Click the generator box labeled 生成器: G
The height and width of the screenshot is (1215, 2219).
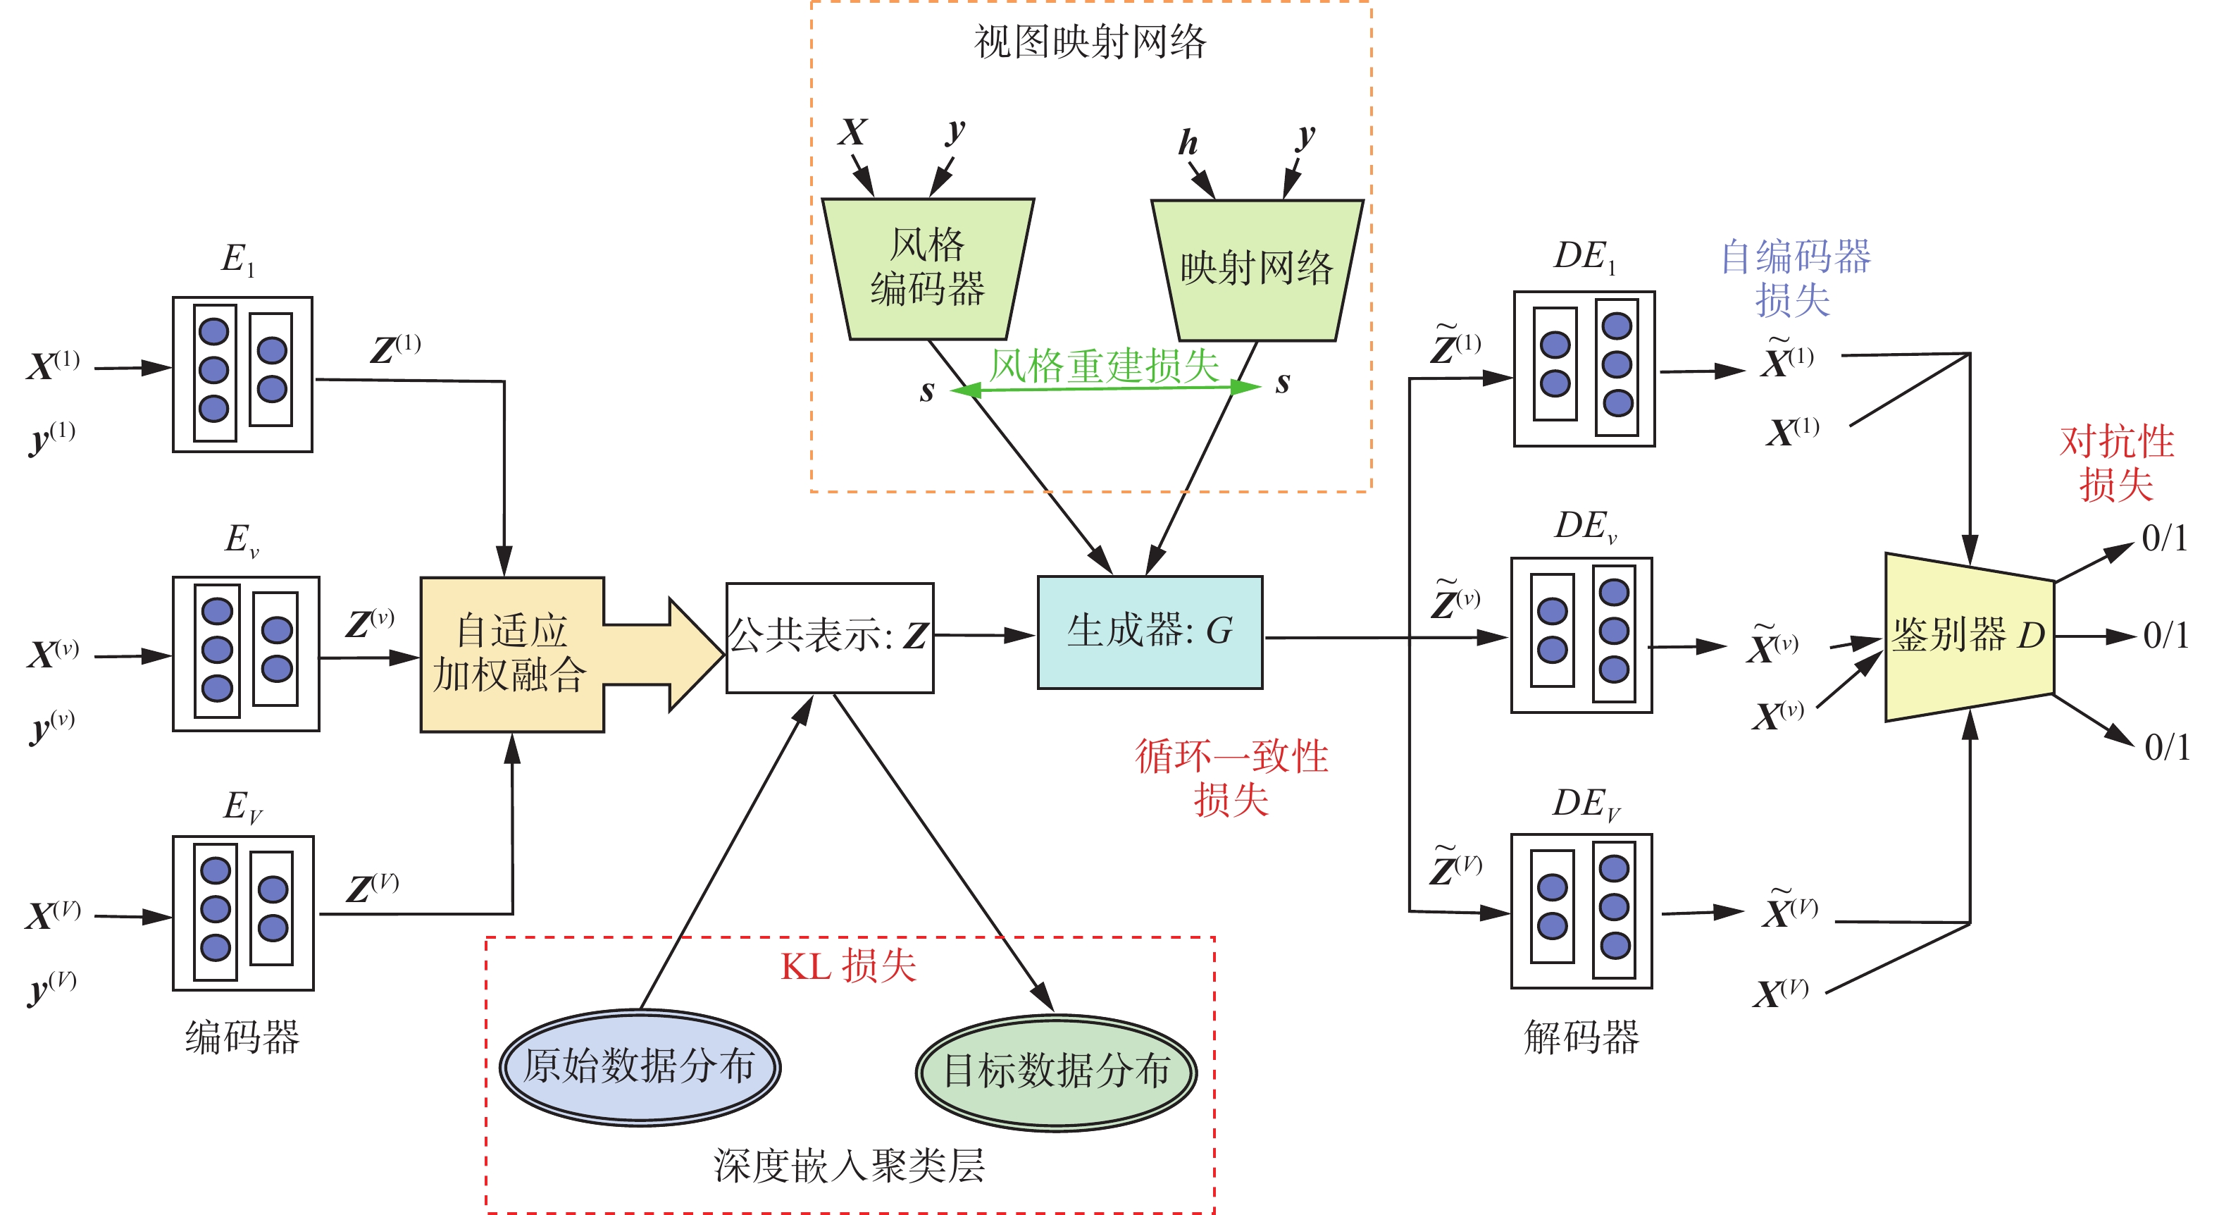point(1149,631)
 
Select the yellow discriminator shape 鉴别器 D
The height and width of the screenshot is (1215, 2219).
point(1968,636)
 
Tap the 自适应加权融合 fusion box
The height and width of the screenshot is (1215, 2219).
point(511,654)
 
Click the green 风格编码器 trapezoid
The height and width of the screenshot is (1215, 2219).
point(928,268)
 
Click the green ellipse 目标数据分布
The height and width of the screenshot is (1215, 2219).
point(1056,1071)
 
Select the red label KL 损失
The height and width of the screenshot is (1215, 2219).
point(847,966)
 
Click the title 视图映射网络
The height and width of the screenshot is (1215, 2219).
point(1090,42)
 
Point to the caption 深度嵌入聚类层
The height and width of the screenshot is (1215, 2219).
point(848,1166)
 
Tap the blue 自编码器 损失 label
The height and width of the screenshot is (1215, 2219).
point(1794,278)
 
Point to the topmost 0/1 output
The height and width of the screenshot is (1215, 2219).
point(2164,538)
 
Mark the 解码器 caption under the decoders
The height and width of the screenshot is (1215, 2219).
point(1581,1037)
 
